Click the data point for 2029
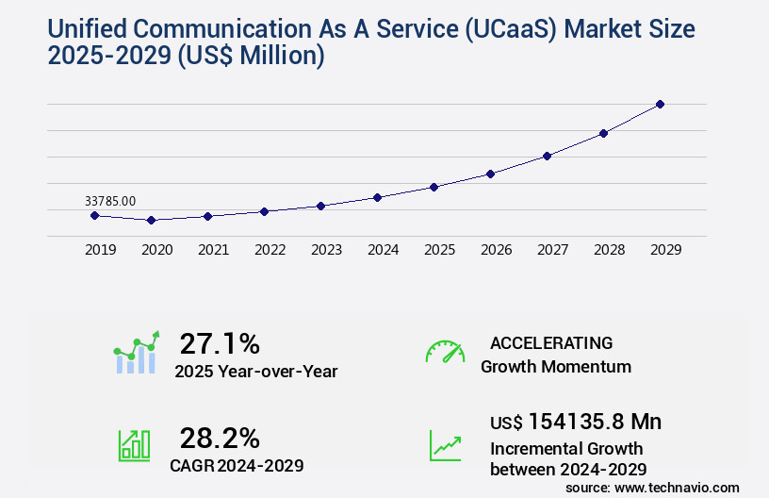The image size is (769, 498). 660,104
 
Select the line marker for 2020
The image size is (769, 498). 151,220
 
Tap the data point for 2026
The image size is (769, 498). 490,174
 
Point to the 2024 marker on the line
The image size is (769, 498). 377,197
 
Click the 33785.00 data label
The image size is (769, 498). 110,201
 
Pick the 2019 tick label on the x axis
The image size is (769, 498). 100,250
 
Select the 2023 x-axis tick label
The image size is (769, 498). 326,250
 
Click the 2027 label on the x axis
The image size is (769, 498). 552,250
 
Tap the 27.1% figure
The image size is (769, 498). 220,343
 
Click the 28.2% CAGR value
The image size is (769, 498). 220,438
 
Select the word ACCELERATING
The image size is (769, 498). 551,343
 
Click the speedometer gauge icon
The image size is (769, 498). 445,352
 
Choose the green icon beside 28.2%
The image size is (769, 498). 134,445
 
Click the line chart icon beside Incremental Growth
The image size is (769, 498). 445,445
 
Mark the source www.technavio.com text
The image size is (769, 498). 652,487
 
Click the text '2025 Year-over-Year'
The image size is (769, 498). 255,372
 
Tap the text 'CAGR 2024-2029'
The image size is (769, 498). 237,465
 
